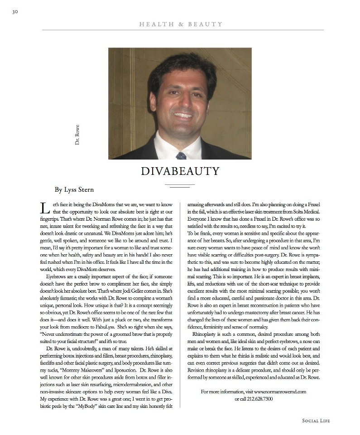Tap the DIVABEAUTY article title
[x=180, y=171]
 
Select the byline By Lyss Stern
[x=74, y=189]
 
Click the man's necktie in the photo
[x=181, y=155]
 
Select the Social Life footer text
[x=316, y=421]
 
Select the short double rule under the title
[x=180, y=186]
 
